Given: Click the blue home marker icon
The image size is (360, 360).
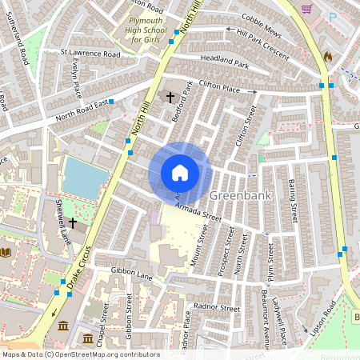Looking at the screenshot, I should pos(180,172).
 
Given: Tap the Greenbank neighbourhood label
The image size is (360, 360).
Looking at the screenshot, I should pos(240,195).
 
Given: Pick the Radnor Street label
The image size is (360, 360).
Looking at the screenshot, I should pos(218,307).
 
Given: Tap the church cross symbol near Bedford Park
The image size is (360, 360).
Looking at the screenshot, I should pos(170,97).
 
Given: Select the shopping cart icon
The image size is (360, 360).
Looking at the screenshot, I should pos(306,9).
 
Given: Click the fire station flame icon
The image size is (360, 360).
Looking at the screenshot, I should pos(328,57).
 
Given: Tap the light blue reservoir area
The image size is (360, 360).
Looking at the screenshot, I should pos(83,176).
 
